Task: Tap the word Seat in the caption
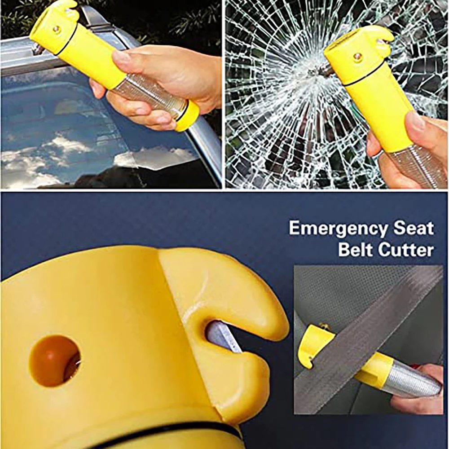coord(414,228)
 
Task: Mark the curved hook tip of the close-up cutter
coord(269,314)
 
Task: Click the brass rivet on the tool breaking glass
coord(358,57)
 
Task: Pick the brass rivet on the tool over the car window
coord(57,29)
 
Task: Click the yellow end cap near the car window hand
coord(188,116)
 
